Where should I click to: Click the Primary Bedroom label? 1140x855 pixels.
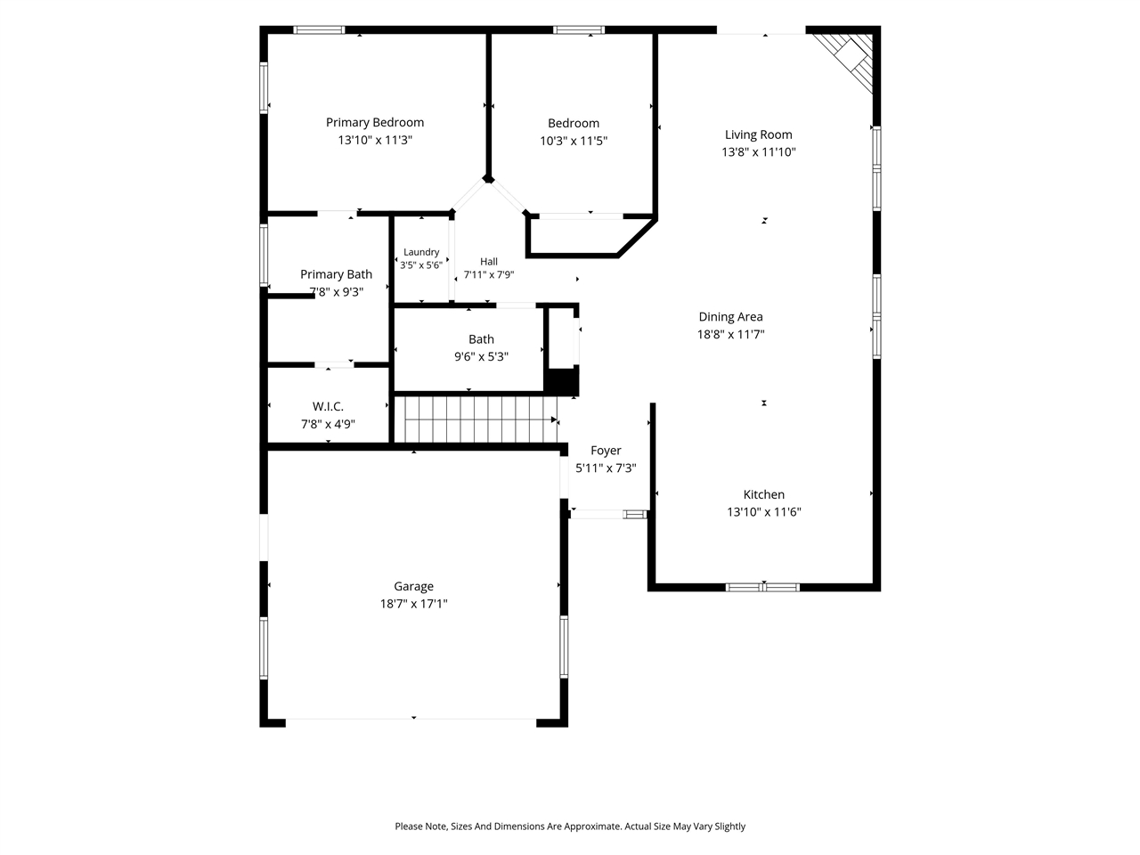click(x=374, y=123)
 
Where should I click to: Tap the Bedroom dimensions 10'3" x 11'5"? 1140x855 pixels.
click(x=574, y=141)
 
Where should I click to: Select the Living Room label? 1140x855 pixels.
click(x=758, y=135)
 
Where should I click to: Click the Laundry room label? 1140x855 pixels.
click(x=421, y=252)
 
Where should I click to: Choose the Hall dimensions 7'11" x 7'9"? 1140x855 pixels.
click(x=489, y=274)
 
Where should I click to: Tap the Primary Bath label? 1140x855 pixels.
click(x=336, y=274)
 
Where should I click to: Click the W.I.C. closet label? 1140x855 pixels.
click(x=328, y=406)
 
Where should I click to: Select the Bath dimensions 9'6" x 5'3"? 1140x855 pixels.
click(x=481, y=356)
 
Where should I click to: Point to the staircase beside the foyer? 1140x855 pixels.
click(x=476, y=420)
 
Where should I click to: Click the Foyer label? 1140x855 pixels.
click(x=606, y=451)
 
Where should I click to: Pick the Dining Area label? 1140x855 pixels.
click(x=730, y=317)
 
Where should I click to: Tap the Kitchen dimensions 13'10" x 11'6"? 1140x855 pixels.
click(x=763, y=512)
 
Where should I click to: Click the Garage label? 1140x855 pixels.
click(x=413, y=587)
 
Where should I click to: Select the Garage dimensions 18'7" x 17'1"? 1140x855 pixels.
click(x=413, y=604)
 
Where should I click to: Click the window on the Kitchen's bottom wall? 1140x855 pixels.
click(x=762, y=587)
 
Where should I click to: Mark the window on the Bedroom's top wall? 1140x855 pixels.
click(x=579, y=30)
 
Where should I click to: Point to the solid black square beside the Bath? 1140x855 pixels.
click(x=562, y=381)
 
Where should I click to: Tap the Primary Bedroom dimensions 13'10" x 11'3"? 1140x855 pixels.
click(x=374, y=140)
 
